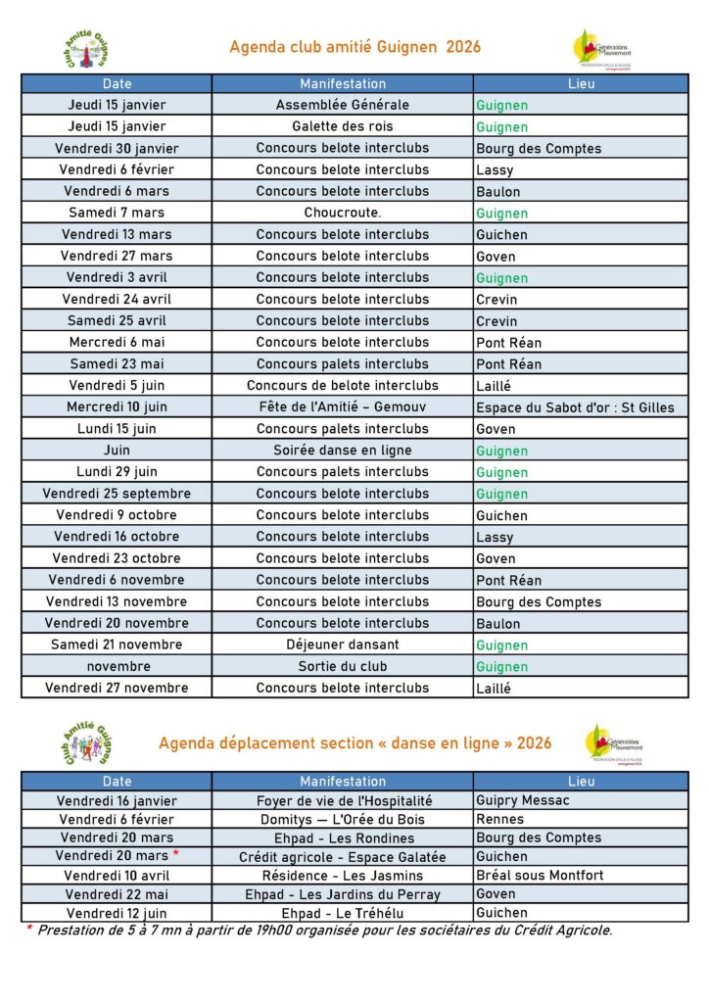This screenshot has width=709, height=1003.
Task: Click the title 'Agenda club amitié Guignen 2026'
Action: tap(354, 47)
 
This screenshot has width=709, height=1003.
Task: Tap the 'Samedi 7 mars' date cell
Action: tap(117, 213)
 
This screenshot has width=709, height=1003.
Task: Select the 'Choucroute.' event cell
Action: tap(343, 213)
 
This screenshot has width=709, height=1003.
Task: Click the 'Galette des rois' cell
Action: tap(343, 126)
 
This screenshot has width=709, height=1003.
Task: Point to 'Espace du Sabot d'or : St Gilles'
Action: tap(575, 407)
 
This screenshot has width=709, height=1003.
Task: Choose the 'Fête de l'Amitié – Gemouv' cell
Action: tap(343, 406)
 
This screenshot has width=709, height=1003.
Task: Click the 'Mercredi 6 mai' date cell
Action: tap(117, 342)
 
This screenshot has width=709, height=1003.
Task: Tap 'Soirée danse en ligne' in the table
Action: tap(343, 451)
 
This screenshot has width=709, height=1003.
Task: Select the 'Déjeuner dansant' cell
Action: tap(343, 645)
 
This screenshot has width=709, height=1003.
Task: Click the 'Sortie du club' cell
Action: tap(343, 666)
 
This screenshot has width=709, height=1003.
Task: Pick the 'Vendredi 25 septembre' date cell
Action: tap(117, 494)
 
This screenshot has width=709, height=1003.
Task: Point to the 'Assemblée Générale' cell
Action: tap(343, 105)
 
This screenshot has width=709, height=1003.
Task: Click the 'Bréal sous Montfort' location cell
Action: tap(540, 876)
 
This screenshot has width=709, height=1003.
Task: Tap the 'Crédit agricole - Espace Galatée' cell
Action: tap(343, 856)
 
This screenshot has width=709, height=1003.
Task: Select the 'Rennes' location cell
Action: tap(500, 819)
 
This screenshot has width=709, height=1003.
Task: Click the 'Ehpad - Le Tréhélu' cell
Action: tap(343, 912)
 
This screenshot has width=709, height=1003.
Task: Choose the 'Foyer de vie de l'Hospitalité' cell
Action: tap(343, 800)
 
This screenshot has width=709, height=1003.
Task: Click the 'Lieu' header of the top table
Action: tap(581, 83)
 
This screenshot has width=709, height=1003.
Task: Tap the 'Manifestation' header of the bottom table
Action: tap(343, 782)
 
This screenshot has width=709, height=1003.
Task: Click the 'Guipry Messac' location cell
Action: tap(523, 800)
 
